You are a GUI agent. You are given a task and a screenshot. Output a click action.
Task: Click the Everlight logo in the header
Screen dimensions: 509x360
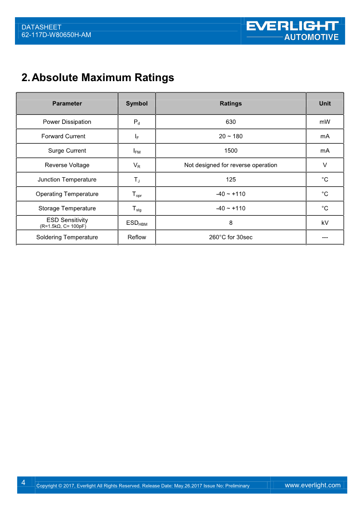293,30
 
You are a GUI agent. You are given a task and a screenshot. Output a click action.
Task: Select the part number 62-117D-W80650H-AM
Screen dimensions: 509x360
56,34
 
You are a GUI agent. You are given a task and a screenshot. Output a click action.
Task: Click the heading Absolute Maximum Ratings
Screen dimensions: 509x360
97,78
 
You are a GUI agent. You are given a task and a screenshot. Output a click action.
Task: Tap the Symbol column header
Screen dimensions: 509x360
136,103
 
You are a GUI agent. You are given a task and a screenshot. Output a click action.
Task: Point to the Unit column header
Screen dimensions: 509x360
325,103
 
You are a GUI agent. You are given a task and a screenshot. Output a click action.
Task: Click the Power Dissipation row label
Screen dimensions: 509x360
67,122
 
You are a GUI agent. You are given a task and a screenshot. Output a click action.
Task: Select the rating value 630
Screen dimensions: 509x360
230,122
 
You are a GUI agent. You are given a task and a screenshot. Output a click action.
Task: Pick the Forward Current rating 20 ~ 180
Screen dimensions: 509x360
230,136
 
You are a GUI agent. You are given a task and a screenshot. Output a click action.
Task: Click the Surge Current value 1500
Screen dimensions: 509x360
230,151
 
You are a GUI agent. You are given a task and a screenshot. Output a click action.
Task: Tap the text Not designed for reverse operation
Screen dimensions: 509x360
230,165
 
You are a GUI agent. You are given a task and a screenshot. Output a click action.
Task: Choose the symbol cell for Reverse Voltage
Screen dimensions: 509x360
136,165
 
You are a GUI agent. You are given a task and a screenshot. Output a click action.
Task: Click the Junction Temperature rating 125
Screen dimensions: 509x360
230,179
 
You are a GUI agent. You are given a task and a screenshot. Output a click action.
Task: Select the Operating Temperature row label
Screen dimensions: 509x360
67,194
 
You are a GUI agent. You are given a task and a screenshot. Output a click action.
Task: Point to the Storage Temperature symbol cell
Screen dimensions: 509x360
136,209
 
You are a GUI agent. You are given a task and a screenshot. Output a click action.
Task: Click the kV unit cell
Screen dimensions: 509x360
325,223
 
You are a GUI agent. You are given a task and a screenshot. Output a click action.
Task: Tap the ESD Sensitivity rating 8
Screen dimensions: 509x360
230,223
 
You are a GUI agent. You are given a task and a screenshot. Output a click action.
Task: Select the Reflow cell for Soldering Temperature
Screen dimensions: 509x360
136,237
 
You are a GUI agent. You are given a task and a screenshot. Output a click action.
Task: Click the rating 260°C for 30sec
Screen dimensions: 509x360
230,237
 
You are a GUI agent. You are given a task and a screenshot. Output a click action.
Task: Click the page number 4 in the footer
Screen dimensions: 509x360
23,482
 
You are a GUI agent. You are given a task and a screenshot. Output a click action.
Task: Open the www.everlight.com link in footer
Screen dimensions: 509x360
312,485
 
